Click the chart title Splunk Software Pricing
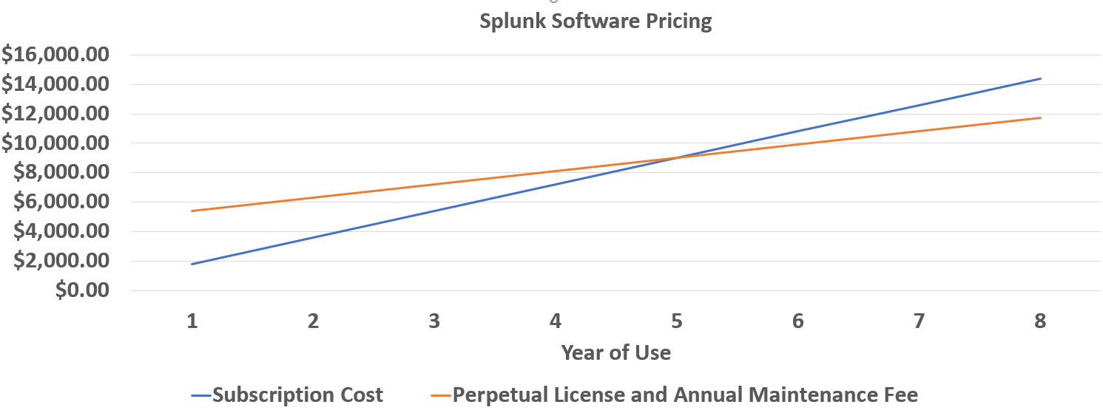click(x=596, y=21)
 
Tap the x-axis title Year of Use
click(x=615, y=352)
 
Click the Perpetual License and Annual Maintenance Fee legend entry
click(x=684, y=395)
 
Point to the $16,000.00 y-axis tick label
click(x=55, y=55)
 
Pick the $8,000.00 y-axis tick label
click(x=62, y=172)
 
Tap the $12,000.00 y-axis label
click(x=55, y=114)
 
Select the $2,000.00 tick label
click(x=62, y=261)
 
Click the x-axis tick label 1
click(x=192, y=321)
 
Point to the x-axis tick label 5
click(x=676, y=321)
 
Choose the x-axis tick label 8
click(x=1040, y=321)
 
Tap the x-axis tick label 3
click(x=434, y=321)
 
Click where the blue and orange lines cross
click(x=676, y=157)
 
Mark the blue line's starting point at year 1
click(x=192, y=264)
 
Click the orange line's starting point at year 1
click(x=192, y=211)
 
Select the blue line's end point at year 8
click(x=1040, y=78)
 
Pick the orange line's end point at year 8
click(x=1040, y=117)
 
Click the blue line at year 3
click(x=434, y=211)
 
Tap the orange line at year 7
click(x=919, y=131)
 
